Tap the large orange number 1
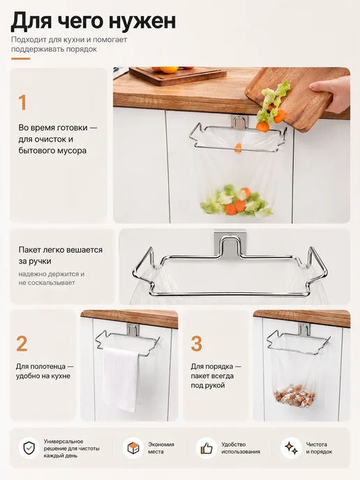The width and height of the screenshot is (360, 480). (x=22, y=103)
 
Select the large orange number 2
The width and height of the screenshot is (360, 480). (x=22, y=344)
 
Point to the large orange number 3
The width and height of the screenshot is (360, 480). (x=197, y=344)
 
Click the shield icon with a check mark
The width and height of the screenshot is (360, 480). (x=29, y=449)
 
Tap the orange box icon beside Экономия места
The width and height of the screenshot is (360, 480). (x=133, y=448)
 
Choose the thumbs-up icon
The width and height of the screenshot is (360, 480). (x=207, y=449)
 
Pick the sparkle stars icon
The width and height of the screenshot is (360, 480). (x=291, y=448)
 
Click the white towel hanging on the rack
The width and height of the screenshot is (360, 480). (x=121, y=379)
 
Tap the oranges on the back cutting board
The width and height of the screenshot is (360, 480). (x=170, y=70)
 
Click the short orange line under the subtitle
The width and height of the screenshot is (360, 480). (x=21, y=59)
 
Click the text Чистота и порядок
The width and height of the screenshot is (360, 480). (x=319, y=448)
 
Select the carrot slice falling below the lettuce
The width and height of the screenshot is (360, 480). (x=262, y=126)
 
